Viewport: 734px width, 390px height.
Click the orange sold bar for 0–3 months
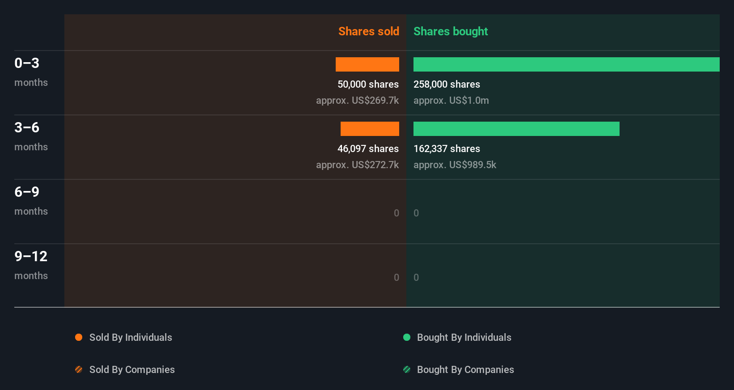pyautogui.click(x=367, y=64)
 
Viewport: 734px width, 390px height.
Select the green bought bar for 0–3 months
pyautogui.click(x=566, y=64)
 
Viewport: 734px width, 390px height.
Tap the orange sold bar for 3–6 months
pyautogui.click(x=370, y=129)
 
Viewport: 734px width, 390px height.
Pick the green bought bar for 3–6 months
pyautogui.click(x=516, y=129)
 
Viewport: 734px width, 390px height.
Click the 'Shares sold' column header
pyautogui.click(x=368, y=31)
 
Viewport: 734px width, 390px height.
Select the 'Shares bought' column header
pyautogui.click(x=450, y=31)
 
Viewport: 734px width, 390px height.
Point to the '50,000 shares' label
pyautogui.click(x=368, y=84)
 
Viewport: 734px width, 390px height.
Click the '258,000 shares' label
pyautogui.click(x=447, y=84)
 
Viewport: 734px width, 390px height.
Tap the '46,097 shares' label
pyautogui.click(x=368, y=148)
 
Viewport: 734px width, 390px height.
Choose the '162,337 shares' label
pyautogui.click(x=447, y=148)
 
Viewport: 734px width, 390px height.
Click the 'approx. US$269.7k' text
pyautogui.click(x=357, y=100)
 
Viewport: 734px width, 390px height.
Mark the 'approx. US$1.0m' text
pyautogui.click(x=451, y=100)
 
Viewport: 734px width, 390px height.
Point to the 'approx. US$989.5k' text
pyautogui.click(x=455, y=165)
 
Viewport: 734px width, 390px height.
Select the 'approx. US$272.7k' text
pyautogui.click(x=357, y=165)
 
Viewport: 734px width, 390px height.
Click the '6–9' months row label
pyautogui.click(x=27, y=192)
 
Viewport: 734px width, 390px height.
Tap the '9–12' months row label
pyautogui.click(x=31, y=256)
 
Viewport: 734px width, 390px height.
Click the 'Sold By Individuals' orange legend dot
pyautogui.click(x=79, y=337)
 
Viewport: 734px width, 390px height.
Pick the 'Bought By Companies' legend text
pyautogui.click(x=465, y=369)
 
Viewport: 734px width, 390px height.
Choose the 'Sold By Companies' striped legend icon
pyautogui.click(x=79, y=369)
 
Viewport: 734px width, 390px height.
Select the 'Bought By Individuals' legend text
pyautogui.click(x=464, y=337)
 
